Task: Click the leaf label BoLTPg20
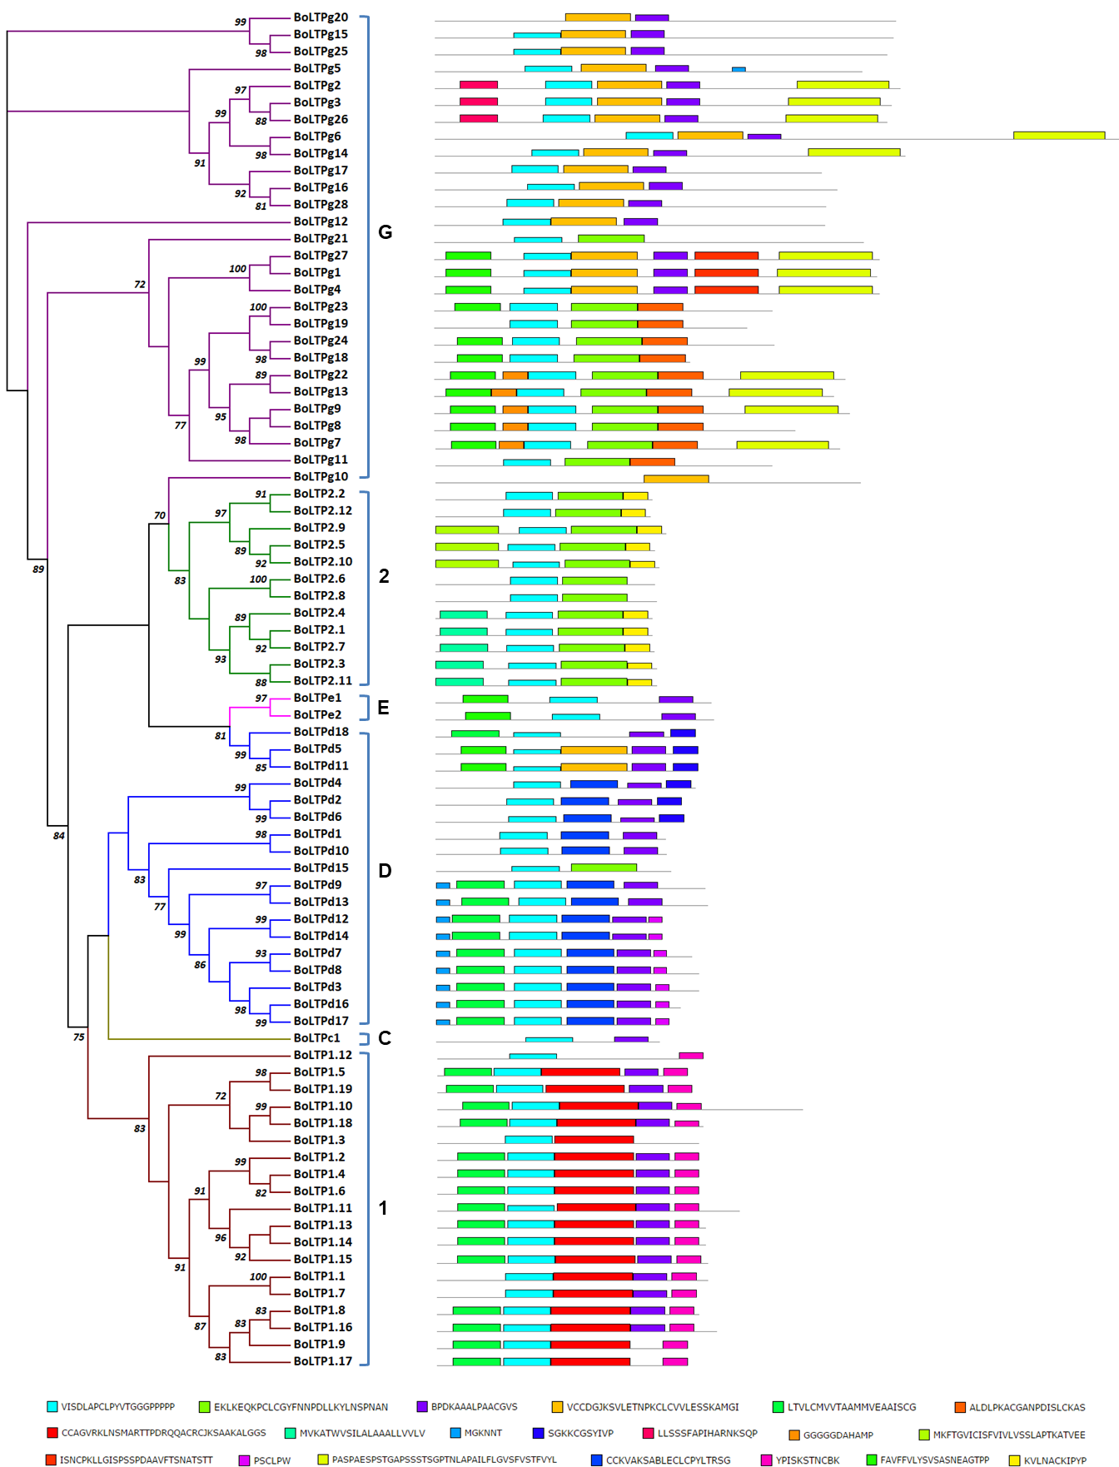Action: pyautogui.click(x=321, y=17)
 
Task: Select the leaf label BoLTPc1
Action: pyautogui.click(x=316, y=1038)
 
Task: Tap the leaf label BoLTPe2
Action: pyautogui.click(x=317, y=715)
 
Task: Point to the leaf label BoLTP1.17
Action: pyautogui.click(x=322, y=1361)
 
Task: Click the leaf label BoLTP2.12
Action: pyautogui.click(x=322, y=510)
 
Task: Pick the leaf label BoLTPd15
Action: pyautogui.click(x=321, y=868)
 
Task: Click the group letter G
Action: pyautogui.click(x=385, y=232)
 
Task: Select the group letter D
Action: pyautogui.click(x=385, y=871)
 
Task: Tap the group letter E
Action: pyautogui.click(x=383, y=708)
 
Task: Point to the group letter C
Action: pyautogui.click(x=385, y=1038)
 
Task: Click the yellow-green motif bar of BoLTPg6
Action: pyautogui.click(x=1058, y=136)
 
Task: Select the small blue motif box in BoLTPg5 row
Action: pyautogui.click(x=739, y=69)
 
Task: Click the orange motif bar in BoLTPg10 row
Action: pyautogui.click(x=676, y=479)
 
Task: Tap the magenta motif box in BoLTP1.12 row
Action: pyautogui.click(x=691, y=1056)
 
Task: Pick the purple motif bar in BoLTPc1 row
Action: pyautogui.click(x=631, y=1039)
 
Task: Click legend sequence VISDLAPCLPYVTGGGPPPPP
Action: pyautogui.click(x=117, y=1407)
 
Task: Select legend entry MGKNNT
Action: pyautogui.click(x=483, y=1434)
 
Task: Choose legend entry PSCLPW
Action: pyautogui.click(x=271, y=1460)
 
